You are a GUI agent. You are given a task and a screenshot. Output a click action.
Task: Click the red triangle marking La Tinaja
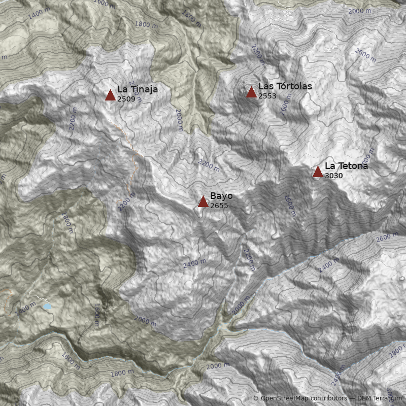click(110, 95)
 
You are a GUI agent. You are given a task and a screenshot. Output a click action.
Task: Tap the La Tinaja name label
click(137, 89)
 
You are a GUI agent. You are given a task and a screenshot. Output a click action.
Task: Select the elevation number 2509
click(126, 99)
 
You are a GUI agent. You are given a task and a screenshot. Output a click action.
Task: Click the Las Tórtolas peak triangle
click(251, 92)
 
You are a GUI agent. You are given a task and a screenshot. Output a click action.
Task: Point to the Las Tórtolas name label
click(285, 86)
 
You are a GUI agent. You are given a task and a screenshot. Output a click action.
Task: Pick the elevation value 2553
click(267, 96)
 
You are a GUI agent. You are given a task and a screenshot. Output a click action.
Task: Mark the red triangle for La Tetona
click(318, 172)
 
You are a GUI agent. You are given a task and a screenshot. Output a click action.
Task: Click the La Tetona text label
click(346, 166)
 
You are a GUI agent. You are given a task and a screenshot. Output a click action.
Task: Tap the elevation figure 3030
click(333, 176)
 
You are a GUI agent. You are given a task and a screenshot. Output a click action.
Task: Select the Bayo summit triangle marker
click(203, 202)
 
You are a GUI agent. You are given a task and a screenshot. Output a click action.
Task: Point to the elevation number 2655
click(219, 206)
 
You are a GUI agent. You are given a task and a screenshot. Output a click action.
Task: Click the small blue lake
click(47, 307)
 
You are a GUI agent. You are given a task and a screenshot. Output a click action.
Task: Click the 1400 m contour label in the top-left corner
click(39, 14)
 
